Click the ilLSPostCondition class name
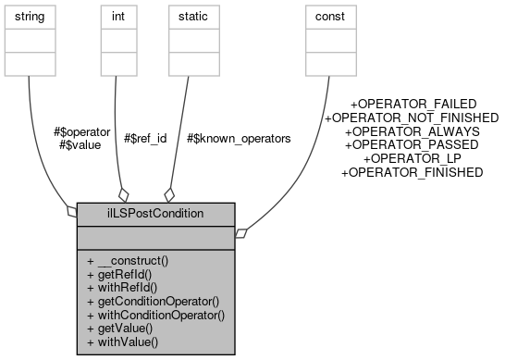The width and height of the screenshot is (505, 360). [x=156, y=214]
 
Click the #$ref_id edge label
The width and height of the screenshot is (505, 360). [x=145, y=139]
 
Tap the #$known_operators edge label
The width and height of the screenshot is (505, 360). [x=239, y=139]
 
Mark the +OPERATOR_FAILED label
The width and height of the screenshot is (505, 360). [x=413, y=104]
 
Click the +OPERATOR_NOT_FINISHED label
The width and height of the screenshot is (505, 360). [x=412, y=118]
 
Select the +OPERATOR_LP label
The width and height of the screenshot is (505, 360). [x=412, y=158]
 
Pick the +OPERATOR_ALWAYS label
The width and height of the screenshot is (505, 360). [x=412, y=131]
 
